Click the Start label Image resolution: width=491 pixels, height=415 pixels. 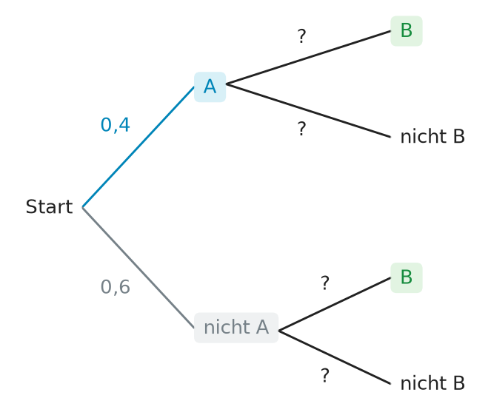49,206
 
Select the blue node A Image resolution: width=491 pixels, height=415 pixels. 210,87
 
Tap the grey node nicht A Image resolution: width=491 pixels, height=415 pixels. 236,328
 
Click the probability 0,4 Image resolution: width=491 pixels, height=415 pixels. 116,125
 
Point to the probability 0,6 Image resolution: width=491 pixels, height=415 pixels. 116,287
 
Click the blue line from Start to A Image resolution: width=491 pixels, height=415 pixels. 138,147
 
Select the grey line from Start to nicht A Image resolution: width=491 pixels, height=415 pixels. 138,267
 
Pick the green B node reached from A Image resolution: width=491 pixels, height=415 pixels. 407,31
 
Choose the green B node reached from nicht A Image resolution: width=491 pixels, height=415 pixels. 407,277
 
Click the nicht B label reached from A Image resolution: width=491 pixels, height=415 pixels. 432,137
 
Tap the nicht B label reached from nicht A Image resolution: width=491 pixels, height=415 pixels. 432,383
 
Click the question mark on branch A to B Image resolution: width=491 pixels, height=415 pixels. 301,36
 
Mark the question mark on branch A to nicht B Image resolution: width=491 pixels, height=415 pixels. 301,129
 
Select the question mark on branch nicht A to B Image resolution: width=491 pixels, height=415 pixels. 325,283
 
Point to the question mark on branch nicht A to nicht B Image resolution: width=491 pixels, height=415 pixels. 325,376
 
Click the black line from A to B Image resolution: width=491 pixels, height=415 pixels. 308,58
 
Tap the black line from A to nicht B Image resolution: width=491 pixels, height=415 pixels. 308,110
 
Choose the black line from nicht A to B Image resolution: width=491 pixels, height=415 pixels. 335,304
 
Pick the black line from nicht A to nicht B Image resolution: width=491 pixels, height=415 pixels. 335,357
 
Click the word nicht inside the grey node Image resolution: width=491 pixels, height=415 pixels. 227,328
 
